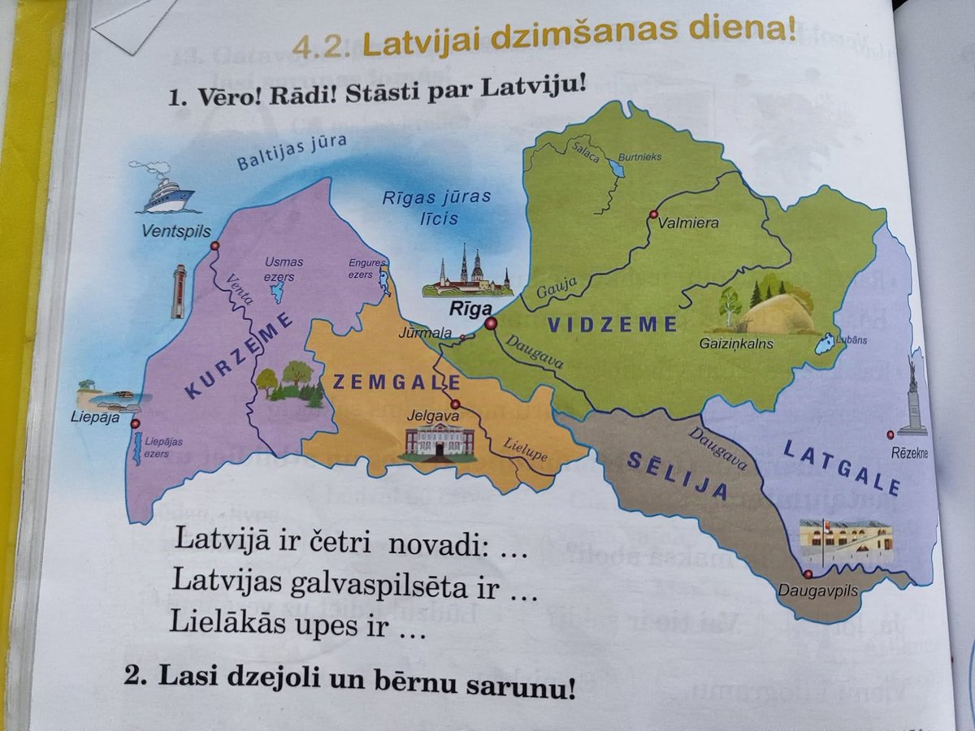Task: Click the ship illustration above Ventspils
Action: (x=166, y=191)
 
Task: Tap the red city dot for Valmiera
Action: (x=652, y=214)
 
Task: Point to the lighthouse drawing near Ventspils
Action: (x=179, y=291)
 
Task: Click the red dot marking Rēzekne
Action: (x=890, y=435)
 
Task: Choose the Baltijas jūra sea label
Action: (x=292, y=152)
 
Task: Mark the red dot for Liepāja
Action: (x=135, y=423)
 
